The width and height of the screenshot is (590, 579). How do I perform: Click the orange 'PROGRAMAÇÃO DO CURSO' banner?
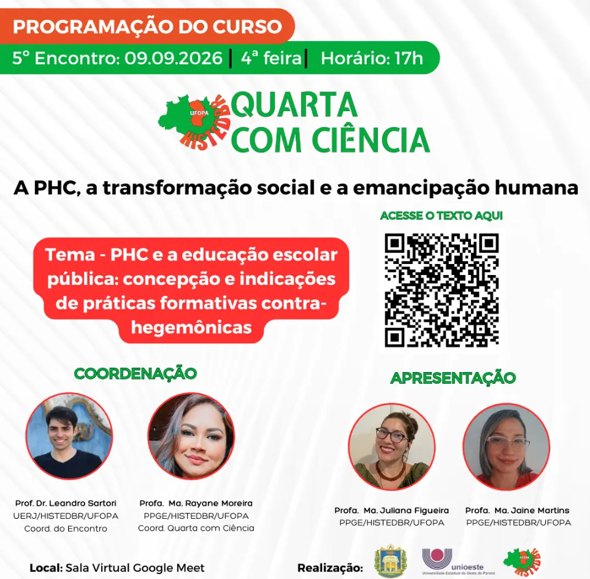(147, 26)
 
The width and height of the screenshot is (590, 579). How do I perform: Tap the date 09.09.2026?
(174, 58)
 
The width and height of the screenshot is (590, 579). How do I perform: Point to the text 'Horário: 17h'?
(372, 58)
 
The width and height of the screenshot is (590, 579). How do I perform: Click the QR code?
(442, 290)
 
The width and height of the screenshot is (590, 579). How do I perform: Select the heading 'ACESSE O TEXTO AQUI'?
(442, 216)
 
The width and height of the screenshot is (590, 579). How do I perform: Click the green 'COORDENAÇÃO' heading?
(136, 373)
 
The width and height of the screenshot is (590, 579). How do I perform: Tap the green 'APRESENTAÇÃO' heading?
(453, 378)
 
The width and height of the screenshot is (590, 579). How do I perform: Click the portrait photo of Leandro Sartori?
(69, 436)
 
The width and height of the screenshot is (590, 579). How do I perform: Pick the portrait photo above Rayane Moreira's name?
(191, 436)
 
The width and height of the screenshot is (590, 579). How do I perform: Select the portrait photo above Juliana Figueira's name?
(392, 447)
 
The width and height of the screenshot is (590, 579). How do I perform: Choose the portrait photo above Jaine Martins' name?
(506, 447)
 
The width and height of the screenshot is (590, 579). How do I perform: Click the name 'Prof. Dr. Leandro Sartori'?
(66, 503)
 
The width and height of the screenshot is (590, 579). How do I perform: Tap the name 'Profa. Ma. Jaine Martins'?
(518, 510)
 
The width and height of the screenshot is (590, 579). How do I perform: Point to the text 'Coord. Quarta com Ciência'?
(196, 528)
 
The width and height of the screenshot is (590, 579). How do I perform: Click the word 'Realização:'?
(330, 568)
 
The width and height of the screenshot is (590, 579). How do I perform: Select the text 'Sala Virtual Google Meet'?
(135, 568)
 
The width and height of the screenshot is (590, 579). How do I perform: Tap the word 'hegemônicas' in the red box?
(191, 327)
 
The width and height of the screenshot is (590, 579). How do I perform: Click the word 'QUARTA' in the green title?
(294, 105)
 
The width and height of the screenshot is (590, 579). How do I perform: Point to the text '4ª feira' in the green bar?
(271, 58)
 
